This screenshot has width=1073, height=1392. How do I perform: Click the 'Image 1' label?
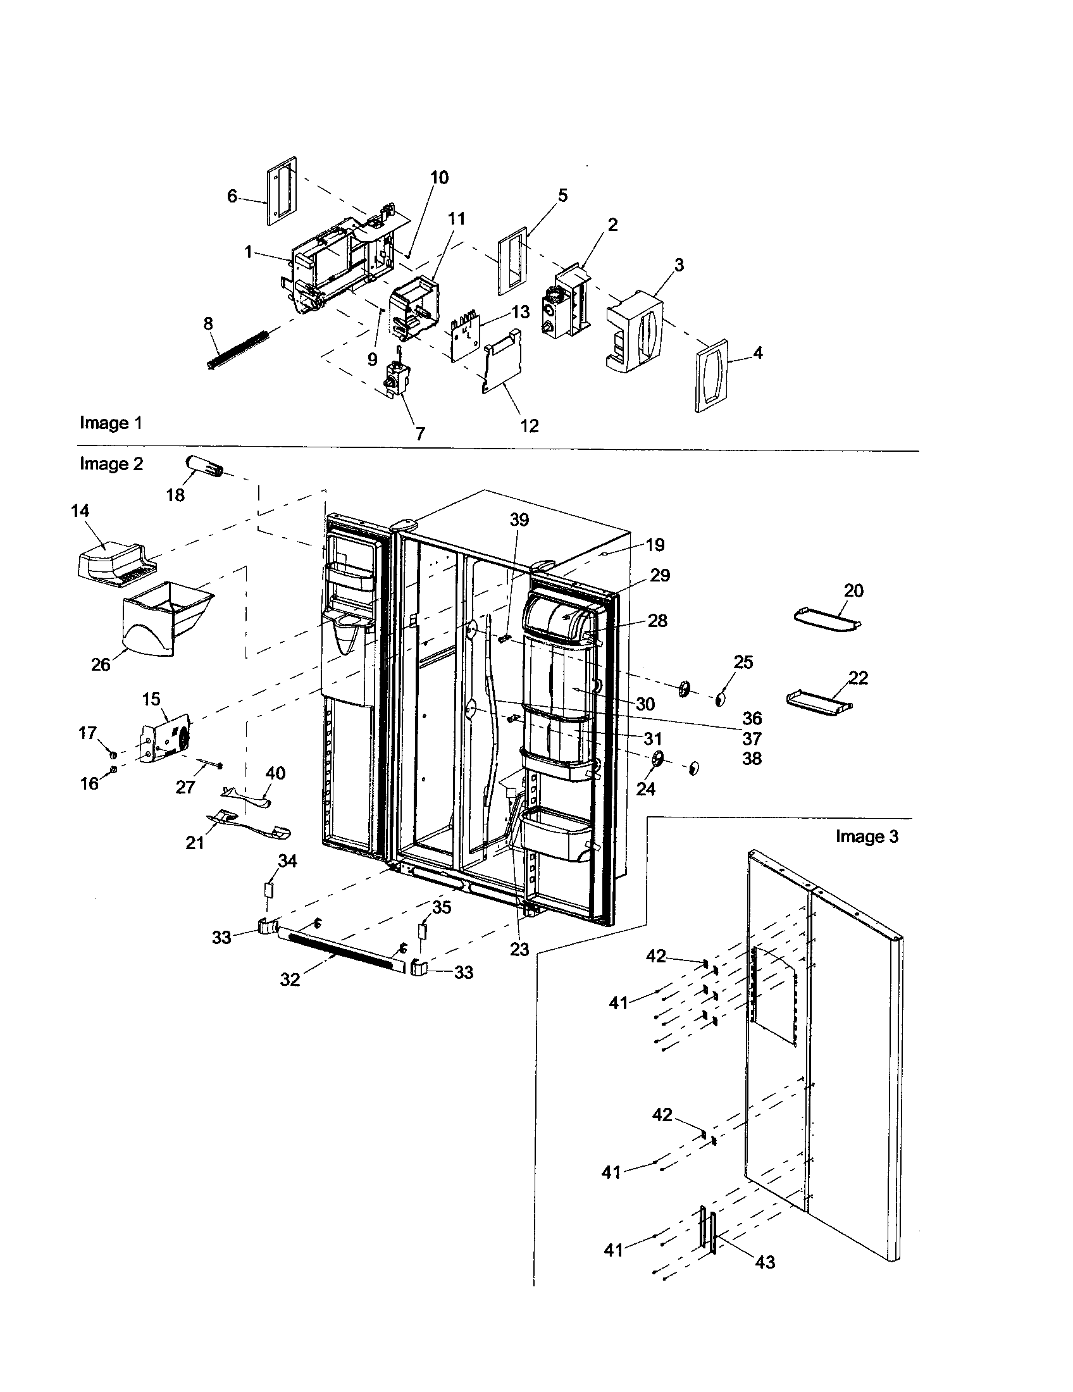(111, 423)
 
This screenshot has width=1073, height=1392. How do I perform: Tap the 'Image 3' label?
(867, 836)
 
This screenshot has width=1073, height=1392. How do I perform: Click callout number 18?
(175, 495)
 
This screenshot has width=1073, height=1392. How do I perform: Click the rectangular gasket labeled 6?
(281, 191)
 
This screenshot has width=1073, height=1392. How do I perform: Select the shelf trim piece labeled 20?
(828, 617)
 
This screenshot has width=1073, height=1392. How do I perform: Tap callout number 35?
(441, 907)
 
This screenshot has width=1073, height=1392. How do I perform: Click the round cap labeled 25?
(720, 700)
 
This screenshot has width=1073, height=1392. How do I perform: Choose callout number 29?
(660, 575)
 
